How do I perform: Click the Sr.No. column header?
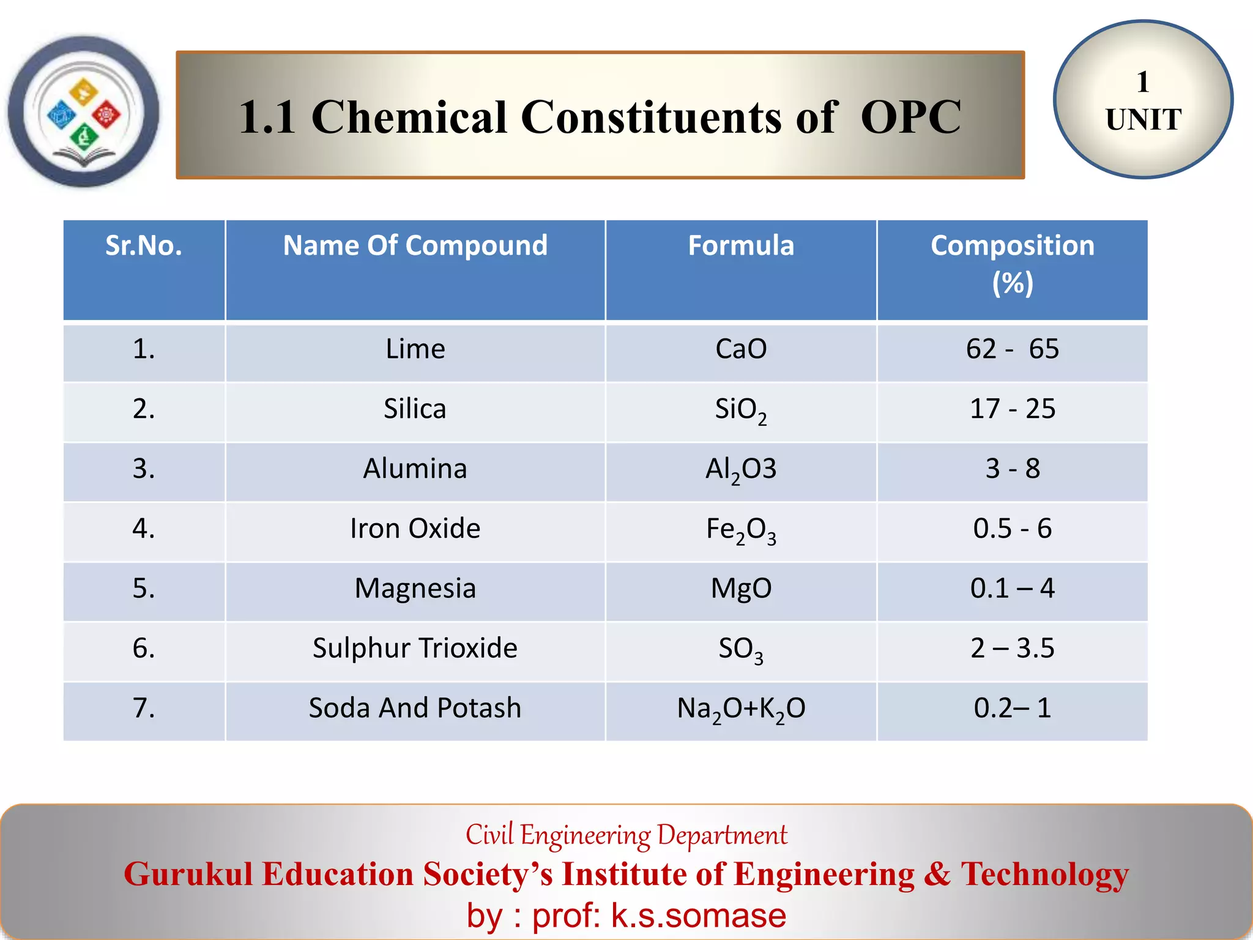click(x=144, y=246)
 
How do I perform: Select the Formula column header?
click(x=741, y=246)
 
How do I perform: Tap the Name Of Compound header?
click(x=415, y=246)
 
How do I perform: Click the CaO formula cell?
click(x=741, y=349)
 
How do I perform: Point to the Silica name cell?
click(x=415, y=409)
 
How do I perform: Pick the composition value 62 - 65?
click(x=1012, y=349)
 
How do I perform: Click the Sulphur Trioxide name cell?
click(x=415, y=648)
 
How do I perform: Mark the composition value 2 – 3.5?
click(x=1012, y=648)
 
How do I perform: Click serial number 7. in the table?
click(x=144, y=708)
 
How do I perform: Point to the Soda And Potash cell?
click(x=415, y=708)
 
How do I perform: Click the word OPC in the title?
click(x=910, y=117)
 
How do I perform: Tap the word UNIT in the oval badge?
click(x=1143, y=120)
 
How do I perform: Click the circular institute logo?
click(x=84, y=112)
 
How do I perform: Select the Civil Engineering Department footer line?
click(x=626, y=835)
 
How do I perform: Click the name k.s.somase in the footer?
click(x=698, y=916)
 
